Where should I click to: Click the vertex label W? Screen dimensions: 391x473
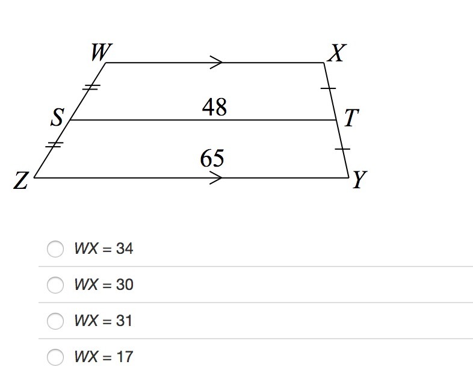(99, 54)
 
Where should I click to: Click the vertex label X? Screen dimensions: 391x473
(336, 54)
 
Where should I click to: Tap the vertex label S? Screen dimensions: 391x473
(57, 119)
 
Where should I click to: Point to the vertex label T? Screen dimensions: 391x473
(351, 119)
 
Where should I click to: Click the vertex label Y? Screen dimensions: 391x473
(360, 180)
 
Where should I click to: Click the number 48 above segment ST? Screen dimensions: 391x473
(214, 108)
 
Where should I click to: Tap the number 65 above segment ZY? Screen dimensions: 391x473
(212, 159)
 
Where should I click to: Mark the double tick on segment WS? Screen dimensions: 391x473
(90, 87)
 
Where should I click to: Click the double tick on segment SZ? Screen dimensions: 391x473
(54, 144)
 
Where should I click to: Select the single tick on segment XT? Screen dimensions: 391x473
(329, 88)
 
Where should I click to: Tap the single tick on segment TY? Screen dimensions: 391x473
(342, 147)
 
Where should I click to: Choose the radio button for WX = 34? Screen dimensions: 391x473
(55, 248)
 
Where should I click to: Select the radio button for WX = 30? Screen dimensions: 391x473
(55, 285)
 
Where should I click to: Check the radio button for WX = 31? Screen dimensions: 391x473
(55, 321)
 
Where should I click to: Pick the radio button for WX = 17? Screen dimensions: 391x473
(55, 357)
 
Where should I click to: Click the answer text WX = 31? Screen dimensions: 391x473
(104, 321)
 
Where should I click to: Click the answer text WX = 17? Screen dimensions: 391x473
(104, 357)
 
